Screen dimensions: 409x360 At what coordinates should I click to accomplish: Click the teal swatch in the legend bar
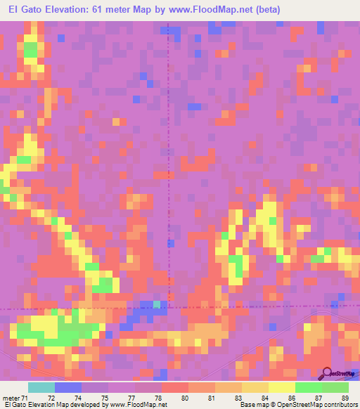click(41, 387)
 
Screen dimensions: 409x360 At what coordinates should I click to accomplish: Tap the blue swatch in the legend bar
click(68, 387)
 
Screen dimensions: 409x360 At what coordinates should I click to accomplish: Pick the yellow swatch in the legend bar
click(282, 387)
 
